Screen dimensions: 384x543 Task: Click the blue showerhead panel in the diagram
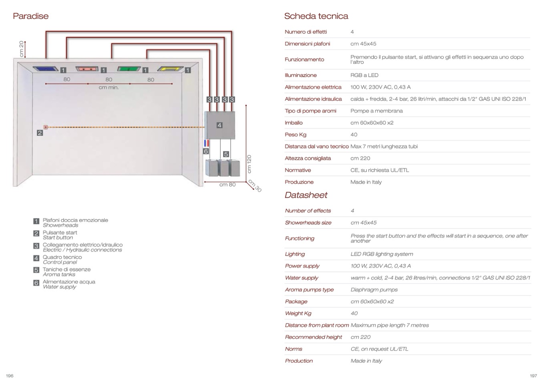pos(46,69)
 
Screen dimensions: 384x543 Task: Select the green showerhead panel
pos(128,69)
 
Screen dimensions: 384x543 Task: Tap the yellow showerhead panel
pos(171,69)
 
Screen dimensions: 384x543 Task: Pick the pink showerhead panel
pos(87,69)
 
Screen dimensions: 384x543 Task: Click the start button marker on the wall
pos(46,127)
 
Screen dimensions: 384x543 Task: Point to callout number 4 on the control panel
pos(219,125)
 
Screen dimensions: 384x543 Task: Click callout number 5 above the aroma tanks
pos(226,154)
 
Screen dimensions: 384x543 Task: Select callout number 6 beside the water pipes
pos(206,151)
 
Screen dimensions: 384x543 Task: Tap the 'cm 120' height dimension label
pos(249,164)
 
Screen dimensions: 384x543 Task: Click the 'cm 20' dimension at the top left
pos(22,49)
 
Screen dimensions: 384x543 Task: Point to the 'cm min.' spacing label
pos(109,87)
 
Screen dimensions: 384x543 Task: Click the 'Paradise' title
pos(30,16)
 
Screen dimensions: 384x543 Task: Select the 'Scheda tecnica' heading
pos(316,16)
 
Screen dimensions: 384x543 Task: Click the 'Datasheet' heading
pos(306,195)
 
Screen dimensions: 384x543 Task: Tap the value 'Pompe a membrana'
pos(376,111)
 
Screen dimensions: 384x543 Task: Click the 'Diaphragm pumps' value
pos(374,290)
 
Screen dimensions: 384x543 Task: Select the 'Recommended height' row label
pos(314,337)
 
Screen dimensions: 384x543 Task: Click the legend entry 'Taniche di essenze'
pos(66,269)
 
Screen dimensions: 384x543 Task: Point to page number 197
pos(533,376)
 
